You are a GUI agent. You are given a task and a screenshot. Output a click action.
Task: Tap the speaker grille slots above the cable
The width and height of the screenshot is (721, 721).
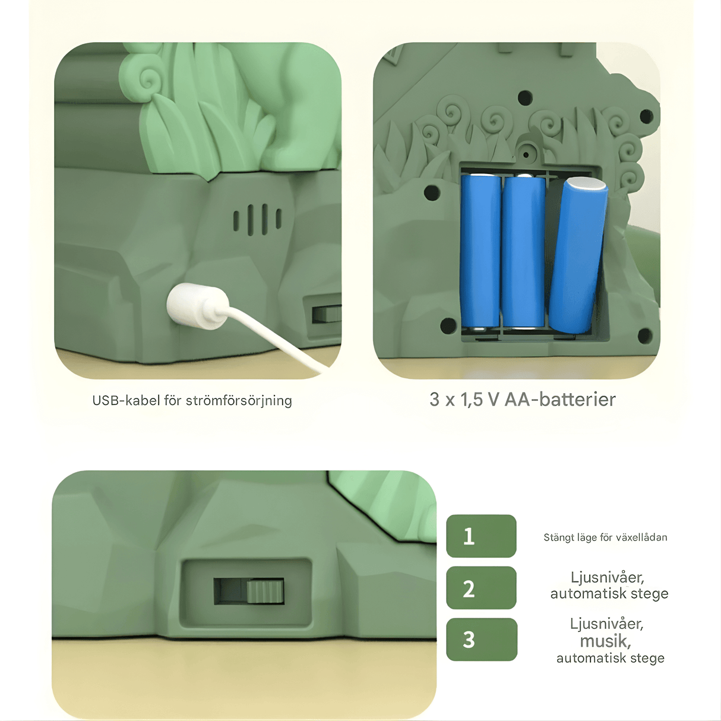[x=257, y=220]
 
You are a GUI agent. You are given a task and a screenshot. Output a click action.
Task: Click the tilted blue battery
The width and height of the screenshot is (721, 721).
[x=578, y=255]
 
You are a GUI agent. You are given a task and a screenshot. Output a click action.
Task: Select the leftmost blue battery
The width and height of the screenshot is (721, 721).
[x=480, y=252]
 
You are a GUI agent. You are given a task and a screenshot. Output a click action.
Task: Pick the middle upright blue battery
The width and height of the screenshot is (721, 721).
[x=523, y=252]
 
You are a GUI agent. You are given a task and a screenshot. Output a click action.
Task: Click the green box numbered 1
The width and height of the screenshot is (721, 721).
[x=481, y=536]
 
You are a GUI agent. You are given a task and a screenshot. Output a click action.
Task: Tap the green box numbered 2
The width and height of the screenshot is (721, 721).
[x=481, y=587]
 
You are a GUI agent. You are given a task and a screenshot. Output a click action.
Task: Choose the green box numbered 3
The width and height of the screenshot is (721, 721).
[x=482, y=639]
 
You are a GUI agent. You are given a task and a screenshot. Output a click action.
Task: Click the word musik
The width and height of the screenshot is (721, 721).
[x=605, y=641]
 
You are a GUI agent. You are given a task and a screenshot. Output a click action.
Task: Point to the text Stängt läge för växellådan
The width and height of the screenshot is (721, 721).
[x=605, y=537]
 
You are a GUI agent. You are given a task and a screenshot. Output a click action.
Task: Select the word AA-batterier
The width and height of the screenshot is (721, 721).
[x=559, y=399]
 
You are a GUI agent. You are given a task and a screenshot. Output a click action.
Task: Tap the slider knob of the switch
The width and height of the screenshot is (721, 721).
[x=265, y=591]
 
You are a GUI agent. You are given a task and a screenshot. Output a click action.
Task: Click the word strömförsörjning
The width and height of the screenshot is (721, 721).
[x=239, y=401]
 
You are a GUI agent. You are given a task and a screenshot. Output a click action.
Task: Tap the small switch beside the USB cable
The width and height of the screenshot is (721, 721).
[x=326, y=314]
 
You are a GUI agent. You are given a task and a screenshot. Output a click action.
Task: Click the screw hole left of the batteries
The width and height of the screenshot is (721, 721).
[x=432, y=192]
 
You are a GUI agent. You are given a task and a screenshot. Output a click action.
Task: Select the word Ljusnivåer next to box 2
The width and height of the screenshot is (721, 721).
[x=607, y=577]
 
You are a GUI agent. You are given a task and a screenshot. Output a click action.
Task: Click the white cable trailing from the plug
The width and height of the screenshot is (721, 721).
[x=277, y=337]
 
